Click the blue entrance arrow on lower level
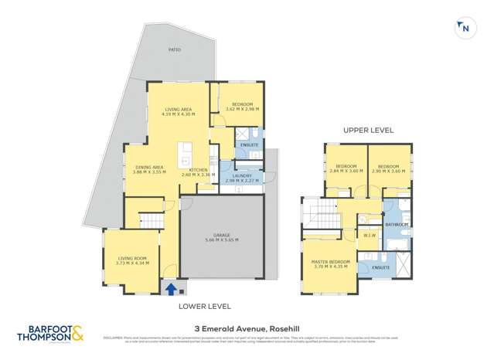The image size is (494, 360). (x=170, y=289)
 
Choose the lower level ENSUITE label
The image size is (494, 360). (x=249, y=144)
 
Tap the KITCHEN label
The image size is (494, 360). (x=198, y=172)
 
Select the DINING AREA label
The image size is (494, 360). (x=148, y=169)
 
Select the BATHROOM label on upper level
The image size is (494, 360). (x=397, y=224)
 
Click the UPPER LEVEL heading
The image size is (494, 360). (x=368, y=131)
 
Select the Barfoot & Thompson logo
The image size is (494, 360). (x=52, y=335)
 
